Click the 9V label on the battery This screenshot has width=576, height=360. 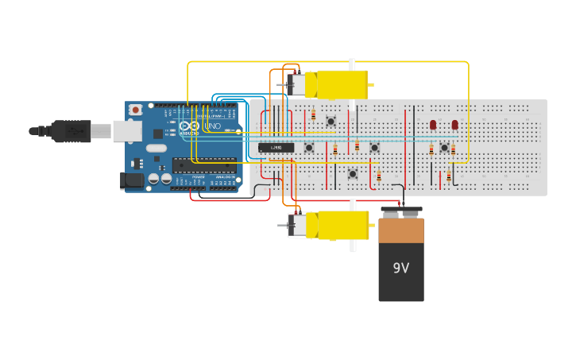(401, 268)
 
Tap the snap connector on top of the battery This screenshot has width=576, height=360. (401, 212)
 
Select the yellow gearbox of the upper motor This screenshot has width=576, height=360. (338, 83)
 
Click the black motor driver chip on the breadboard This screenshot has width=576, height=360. (276, 147)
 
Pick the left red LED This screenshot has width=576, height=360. (433, 125)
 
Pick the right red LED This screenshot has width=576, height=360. (455, 125)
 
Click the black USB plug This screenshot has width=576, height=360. (71, 130)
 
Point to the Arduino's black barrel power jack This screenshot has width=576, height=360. (133, 181)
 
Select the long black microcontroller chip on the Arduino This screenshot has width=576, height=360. (204, 165)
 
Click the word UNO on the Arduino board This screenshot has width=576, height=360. (213, 126)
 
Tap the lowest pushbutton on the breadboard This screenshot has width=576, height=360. (353, 173)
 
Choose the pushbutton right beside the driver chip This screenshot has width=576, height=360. (309, 147)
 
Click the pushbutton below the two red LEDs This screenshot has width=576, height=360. (444, 148)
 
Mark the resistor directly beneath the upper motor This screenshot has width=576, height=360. (313, 115)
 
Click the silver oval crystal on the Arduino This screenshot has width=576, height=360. (157, 148)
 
